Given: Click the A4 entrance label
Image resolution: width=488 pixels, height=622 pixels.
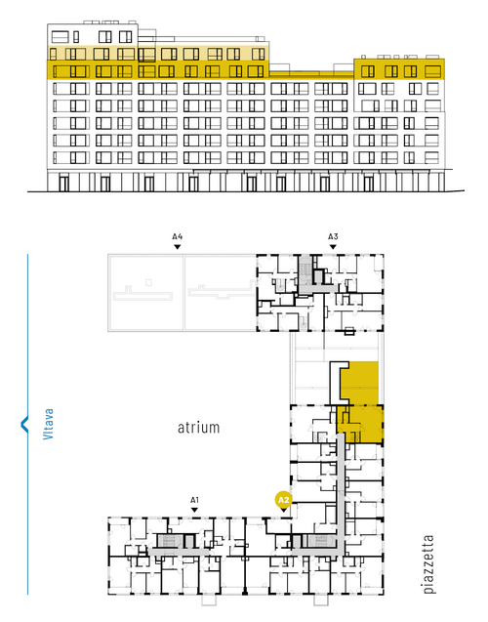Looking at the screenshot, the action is tap(178, 237).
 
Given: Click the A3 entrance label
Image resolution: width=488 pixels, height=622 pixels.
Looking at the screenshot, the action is tap(333, 237).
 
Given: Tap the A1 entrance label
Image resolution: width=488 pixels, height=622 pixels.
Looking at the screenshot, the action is tap(194, 500).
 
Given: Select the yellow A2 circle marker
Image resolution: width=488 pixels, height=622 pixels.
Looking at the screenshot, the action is tap(284, 500).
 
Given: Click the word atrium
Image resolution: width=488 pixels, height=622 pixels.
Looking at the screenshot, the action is tap(198, 428).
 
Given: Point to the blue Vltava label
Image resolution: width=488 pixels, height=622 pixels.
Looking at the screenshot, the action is tap(48, 424).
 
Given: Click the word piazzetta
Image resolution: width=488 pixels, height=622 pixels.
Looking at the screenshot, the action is tap(428, 564).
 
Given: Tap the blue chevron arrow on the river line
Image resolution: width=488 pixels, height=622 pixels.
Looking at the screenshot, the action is tap(24, 424).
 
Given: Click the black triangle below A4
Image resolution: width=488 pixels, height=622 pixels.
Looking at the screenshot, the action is tap(178, 247).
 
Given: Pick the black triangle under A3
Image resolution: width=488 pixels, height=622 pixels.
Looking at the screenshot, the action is tap(333, 247).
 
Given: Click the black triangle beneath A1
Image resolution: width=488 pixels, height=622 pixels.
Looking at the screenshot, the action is tap(194, 510).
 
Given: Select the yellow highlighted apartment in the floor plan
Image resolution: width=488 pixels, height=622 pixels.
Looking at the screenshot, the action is tap(360, 402).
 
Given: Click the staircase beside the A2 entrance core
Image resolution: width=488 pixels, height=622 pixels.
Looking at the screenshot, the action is tap(320, 541).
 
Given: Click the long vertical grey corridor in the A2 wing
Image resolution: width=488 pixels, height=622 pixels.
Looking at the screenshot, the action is tap(340, 492).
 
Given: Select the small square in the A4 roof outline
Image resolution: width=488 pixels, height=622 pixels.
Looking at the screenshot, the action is tap(148, 282).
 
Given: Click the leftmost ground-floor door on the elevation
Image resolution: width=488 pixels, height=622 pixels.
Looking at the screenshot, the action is tap(63, 184).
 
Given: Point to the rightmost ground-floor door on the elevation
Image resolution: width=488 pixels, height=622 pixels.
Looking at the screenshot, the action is tap(369, 184).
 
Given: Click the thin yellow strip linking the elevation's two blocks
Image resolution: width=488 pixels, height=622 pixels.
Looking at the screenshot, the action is tap(311, 74).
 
